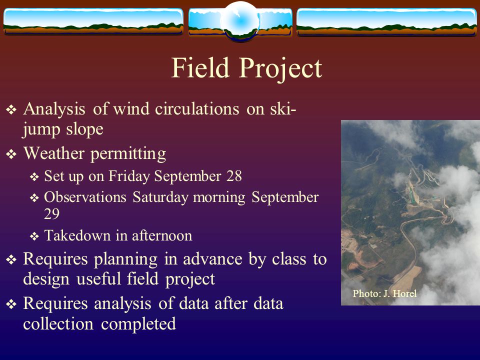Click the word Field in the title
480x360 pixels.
click(x=200, y=67)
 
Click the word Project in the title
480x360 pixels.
click(x=280, y=69)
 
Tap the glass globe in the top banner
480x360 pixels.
click(x=240, y=21)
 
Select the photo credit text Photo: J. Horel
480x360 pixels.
click(x=384, y=293)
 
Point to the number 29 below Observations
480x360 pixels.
click(x=51, y=213)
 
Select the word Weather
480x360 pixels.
click(x=54, y=153)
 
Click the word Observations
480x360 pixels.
click(x=85, y=197)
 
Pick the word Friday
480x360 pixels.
click(x=129, y=176)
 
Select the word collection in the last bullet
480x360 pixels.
click(x=58, y=324)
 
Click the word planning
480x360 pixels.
click(x=125, y=260)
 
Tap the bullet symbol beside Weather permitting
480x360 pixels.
click(x=11, y=154)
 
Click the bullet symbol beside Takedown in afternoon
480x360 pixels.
click(x=34, y=236)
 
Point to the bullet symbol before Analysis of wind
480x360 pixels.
click(x=11, y=109)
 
